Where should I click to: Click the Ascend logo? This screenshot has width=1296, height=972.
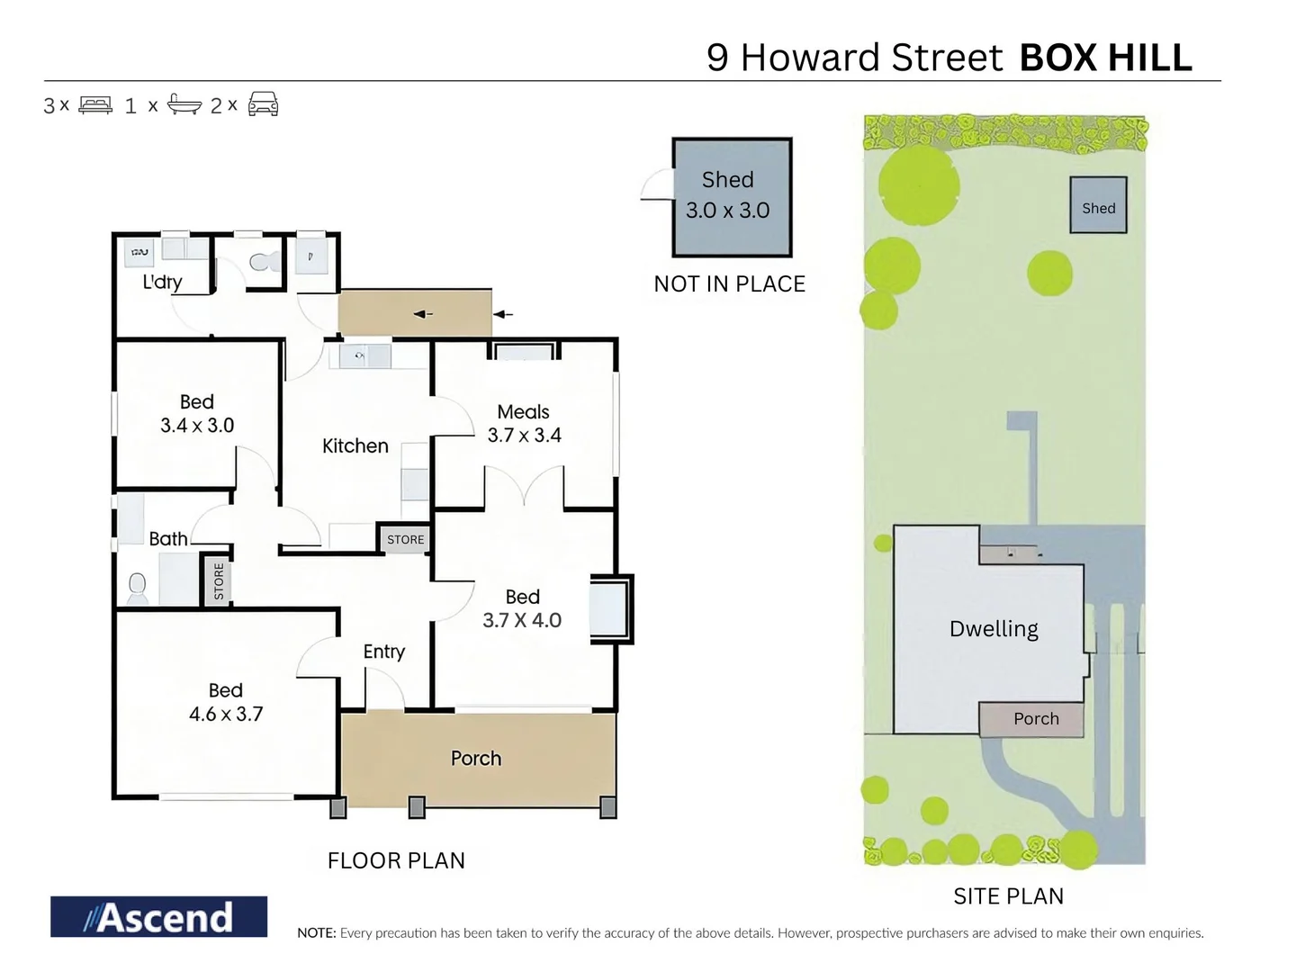[158, 916]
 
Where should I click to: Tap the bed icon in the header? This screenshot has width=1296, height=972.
[95, 105]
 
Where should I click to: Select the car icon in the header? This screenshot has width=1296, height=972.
[263, 104]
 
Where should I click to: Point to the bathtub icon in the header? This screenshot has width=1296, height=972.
[184, 104]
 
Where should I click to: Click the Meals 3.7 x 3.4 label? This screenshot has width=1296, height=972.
[524, 423]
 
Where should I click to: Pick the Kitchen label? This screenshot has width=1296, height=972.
[355, 445]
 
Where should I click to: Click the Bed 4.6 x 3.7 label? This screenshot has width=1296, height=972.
[226, 702]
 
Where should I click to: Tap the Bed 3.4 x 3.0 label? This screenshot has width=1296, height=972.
[197, 414]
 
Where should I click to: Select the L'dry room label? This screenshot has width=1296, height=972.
[162, 282]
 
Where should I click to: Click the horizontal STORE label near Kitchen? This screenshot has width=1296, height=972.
[405, 539]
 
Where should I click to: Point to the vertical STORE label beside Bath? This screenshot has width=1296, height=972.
[219, 581]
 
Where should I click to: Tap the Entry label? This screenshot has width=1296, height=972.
[384, 652]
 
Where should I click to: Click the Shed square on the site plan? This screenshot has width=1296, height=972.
[1098, 206]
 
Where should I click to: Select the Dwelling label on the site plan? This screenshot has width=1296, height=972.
[994, 628]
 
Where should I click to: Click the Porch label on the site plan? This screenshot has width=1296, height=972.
[1036, 718]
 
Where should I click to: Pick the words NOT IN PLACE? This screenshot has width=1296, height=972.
[729, 283]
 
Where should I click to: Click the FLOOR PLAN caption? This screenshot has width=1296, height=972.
[396, 860]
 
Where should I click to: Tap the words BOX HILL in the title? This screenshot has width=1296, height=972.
[1105, 58]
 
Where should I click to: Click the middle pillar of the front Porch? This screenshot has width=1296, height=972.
[417, 807]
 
